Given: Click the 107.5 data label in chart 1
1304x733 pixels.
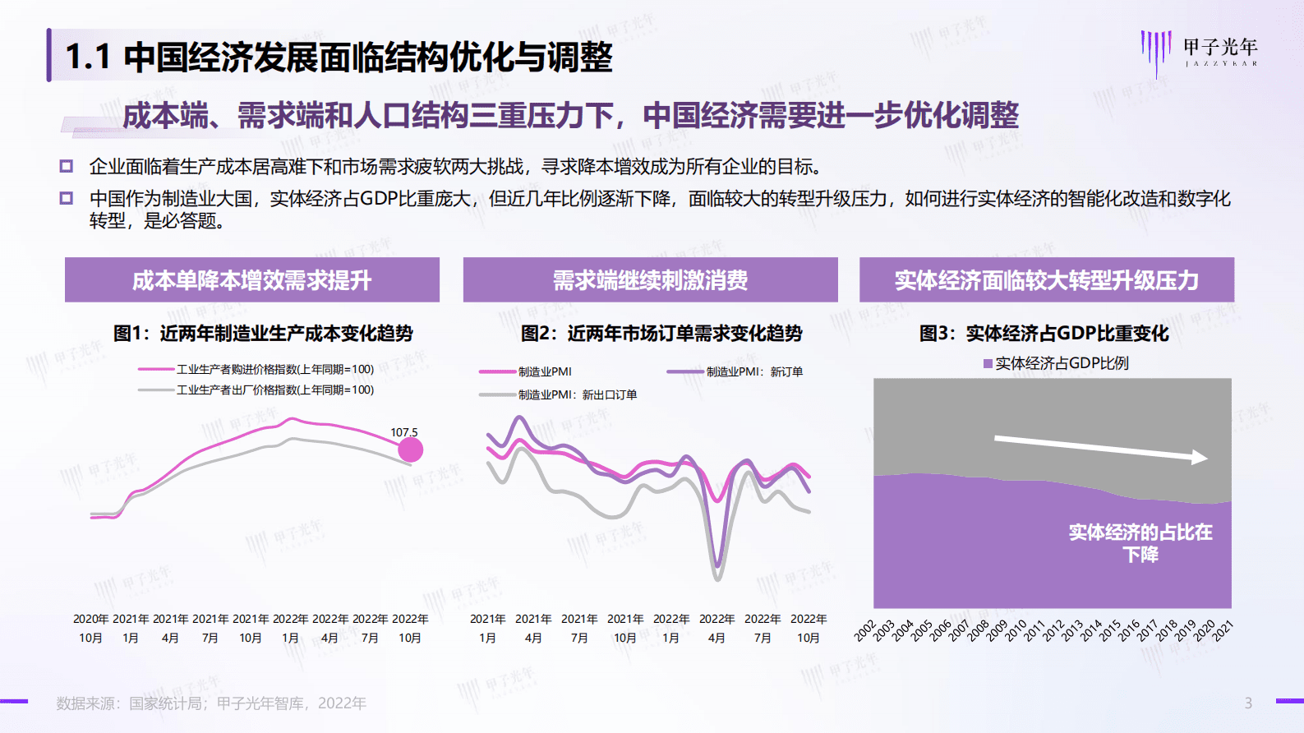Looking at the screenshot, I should (x=403, y=432).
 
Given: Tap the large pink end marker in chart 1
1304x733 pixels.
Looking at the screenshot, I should (x=410, y=449).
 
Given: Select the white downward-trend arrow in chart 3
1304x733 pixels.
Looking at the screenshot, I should (x=1100, y=449).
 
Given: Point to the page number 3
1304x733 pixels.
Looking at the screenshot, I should (x=1248, y=703).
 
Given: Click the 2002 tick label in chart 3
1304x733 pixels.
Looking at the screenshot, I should (x=865, y=630).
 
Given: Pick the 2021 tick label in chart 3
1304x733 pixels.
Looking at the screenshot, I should (x=1223, y=630).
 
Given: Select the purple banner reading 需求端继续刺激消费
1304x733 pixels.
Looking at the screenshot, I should (x=650, y=280).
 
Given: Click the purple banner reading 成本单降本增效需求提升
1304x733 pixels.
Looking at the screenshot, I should (x=251, y=280).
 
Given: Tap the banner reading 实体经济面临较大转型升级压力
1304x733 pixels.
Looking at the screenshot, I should (x=1046, y=280).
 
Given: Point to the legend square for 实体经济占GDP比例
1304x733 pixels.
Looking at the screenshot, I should (x=988, y=363).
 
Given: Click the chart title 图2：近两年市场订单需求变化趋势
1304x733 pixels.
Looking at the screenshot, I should (x=661, y=333).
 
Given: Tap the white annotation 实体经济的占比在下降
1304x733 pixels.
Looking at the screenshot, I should (x=1140, y=543).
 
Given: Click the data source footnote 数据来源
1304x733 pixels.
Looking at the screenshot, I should (x=210, y=703).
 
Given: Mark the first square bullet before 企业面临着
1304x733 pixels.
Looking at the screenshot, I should (x=67, y=166).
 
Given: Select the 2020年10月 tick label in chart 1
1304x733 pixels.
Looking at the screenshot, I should (x=90, y=628).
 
